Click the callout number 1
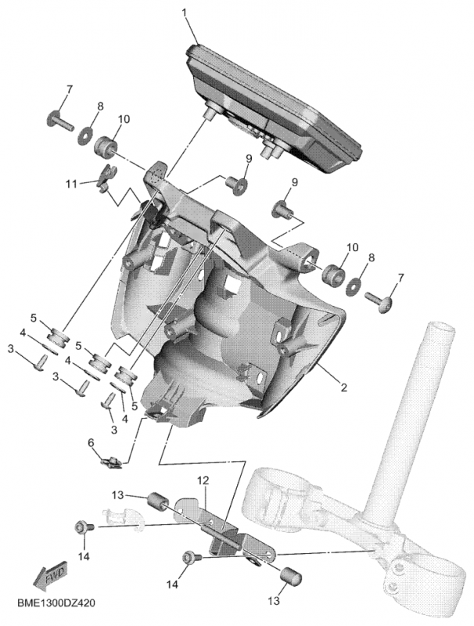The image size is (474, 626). tap(185, 13)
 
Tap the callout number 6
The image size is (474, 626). tap(91, 443)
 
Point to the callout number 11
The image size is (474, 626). tap(71, 184)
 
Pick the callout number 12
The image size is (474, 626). tap(201, 480)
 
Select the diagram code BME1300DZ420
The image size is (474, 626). tap(59, 606)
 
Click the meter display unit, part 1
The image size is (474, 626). tap(274, 106)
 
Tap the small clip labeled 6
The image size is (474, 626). tap(112, 462)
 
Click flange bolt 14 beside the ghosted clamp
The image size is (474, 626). tap(83, 529)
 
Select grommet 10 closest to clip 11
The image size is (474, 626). tap(105, 146)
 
